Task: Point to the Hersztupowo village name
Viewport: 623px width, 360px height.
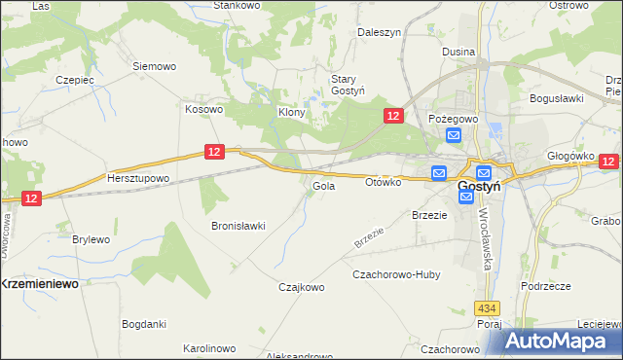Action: [x=138, y=179]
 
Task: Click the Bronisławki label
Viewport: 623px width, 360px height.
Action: [x=238, y=226]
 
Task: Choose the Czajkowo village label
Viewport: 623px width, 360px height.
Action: [x=301, y=287]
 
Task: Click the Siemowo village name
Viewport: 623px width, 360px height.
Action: [x=154, y=66]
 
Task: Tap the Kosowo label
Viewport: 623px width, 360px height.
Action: [x=204, y=109]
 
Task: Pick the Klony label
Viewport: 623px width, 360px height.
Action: [x=293, y=112]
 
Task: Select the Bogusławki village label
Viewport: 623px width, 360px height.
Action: [x=556, y=98]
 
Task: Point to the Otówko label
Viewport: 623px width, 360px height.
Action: [x=383, y=182]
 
